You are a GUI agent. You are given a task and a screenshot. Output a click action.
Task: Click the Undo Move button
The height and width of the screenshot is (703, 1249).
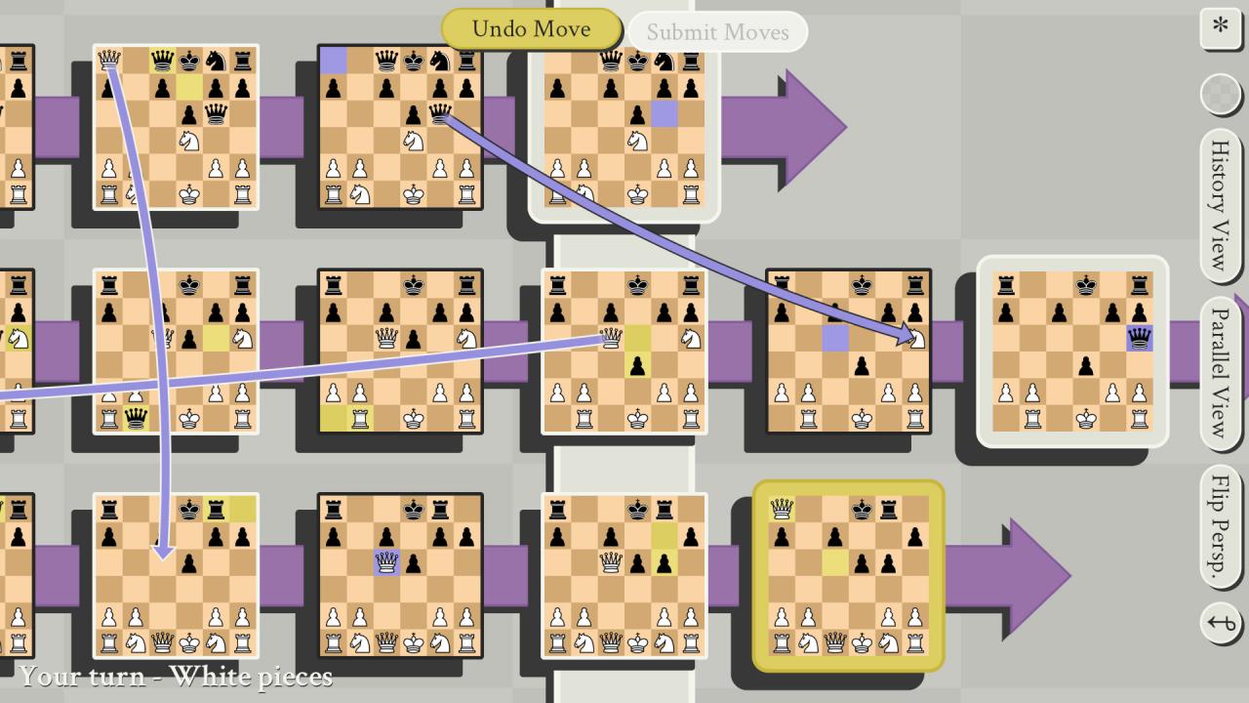(x=531, y=29)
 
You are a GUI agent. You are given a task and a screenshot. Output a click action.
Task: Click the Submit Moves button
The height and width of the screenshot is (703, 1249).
(x=717, y=32)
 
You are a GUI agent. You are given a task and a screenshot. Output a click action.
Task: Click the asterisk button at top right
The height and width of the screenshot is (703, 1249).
(x=1220, y=26)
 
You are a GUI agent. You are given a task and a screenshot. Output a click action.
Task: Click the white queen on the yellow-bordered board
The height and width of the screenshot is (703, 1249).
(x=782, y=508)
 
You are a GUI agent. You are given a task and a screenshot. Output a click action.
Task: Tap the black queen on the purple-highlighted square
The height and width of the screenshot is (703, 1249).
(x=1139, y=339)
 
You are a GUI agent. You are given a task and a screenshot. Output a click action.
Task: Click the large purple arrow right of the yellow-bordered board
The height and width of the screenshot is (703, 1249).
(x=1015, y=576)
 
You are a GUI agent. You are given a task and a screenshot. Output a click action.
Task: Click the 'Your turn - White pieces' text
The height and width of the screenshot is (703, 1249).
(x=176, y=676)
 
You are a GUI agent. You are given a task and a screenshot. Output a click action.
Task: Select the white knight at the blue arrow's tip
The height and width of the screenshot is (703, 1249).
(x=916, y=339)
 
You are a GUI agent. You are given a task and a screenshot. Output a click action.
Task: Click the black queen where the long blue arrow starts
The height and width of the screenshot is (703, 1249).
(x=440, y=116)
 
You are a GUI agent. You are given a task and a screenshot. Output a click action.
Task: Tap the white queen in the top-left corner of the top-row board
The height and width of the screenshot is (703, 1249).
(x=109, y=62)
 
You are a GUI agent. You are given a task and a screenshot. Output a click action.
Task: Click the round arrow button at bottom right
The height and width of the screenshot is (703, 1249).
(x=1221, y=623)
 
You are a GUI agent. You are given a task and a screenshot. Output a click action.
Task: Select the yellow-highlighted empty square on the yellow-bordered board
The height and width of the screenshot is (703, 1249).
(x=835, y=562)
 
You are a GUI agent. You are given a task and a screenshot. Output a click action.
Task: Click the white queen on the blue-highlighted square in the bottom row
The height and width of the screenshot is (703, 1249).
(x=387, y=562)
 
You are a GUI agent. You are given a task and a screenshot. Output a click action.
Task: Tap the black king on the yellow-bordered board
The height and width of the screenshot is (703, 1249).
(x=863, y=508)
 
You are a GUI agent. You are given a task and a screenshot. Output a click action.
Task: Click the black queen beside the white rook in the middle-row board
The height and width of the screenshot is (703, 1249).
(x=137, y=419)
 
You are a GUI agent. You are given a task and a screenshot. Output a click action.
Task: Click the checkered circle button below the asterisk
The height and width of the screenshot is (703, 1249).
(x=1220, y=95)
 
